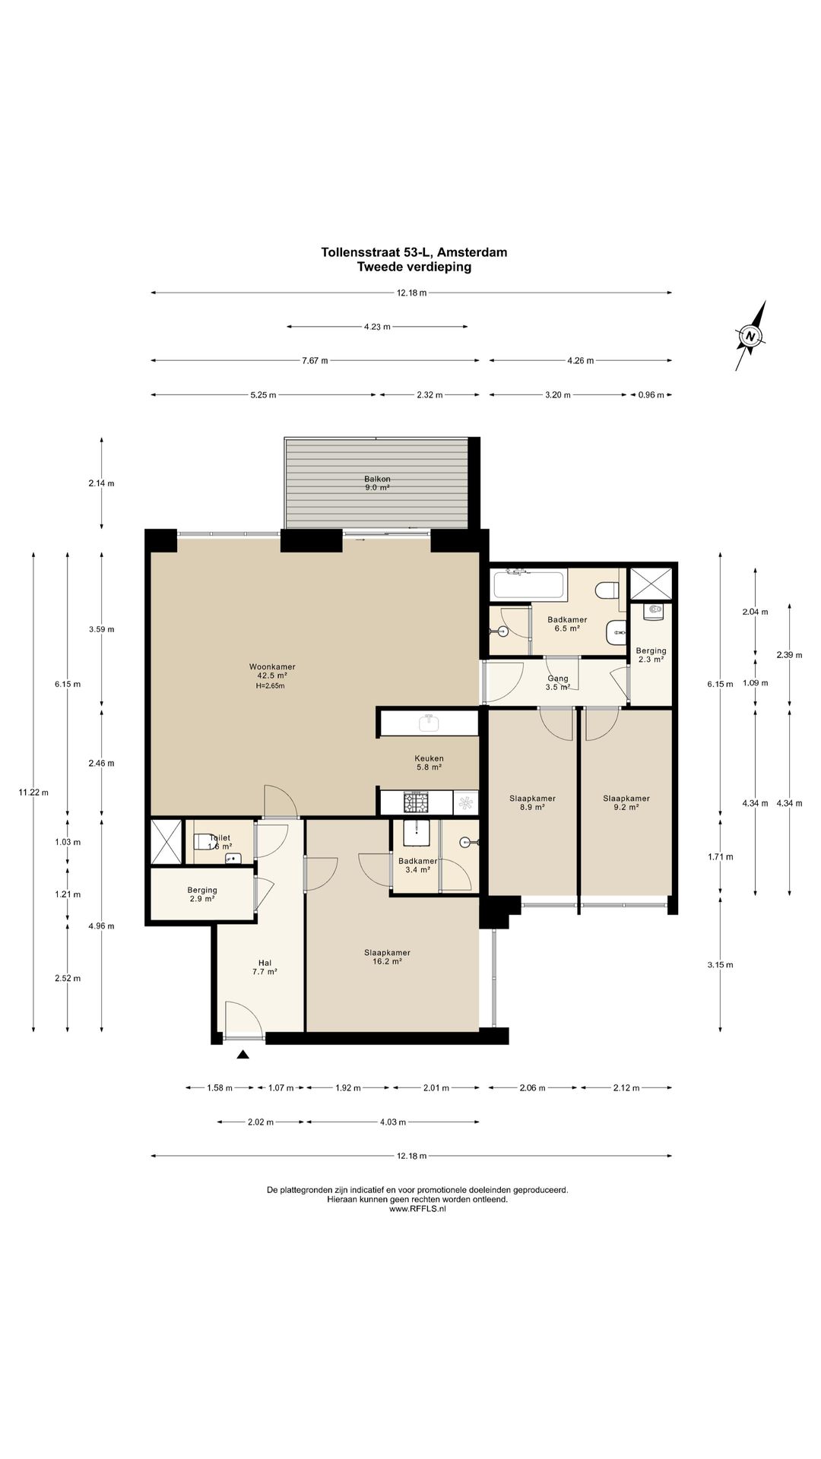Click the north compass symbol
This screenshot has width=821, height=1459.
(x=750, y=335)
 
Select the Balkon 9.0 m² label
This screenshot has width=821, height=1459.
(x=377, y=483)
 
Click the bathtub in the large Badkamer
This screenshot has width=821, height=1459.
(x=529, y=584)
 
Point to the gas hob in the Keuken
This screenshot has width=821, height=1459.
(x=417, y=802)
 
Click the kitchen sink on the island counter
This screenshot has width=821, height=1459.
(x=430, y=722)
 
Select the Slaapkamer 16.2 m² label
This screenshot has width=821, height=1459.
(x=387, y=957)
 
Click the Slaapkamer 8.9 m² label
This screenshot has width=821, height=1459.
(x=532, y=802)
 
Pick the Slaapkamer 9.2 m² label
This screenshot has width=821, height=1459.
(x=626, y=802)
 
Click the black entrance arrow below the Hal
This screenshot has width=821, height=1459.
(x=243, y=1054)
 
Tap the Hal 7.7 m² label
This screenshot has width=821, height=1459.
(x=265, y=967)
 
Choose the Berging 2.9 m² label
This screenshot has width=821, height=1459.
(x=201, y=894)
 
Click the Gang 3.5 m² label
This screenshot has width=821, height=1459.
(x=558, y=682)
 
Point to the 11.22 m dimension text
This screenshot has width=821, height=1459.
(x=33, y=793)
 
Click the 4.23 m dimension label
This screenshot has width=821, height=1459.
(x=377, y=327)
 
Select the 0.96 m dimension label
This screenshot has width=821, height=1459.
(x=651, y=395)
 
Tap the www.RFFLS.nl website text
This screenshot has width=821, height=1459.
(x=417, y=1209)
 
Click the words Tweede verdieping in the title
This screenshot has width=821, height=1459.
(x=414, y=267)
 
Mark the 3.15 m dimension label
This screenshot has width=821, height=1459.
(x=720, y=965)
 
